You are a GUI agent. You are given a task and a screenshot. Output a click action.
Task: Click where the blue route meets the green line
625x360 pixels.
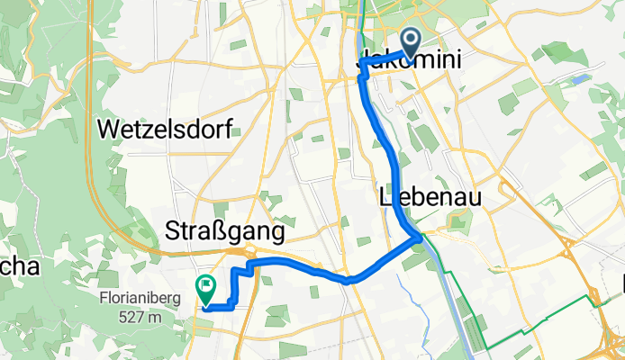pos(419,237)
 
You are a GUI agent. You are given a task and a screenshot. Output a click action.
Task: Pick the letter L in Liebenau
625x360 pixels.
pos(385,197)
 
